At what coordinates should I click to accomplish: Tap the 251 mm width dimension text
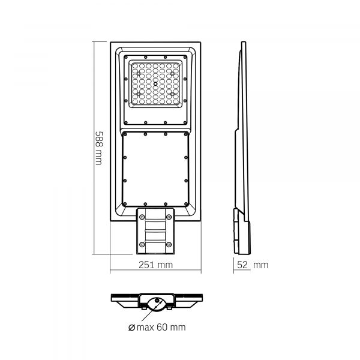point(155,265)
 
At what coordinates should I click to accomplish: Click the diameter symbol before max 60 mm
point(131,327)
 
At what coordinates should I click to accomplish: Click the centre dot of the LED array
point(156,84)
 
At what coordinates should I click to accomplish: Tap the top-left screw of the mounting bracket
point(142,217)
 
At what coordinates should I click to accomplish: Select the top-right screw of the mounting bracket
point(170,217)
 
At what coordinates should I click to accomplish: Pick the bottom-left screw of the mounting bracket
point(142,244)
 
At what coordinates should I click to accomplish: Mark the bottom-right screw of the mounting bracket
point(170,244)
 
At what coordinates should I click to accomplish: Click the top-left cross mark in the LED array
point(139,73)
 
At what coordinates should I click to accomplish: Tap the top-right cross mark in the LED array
point(172,73)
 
